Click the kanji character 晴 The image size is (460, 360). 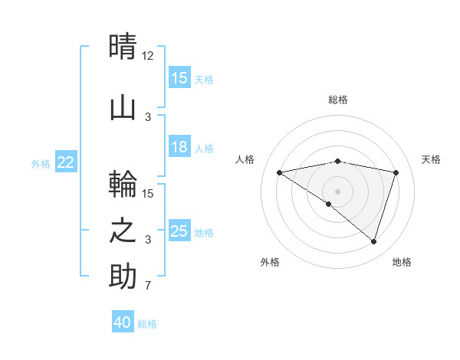point(123,47)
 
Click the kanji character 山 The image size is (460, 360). point(123,107)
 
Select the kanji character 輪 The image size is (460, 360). point(123,185)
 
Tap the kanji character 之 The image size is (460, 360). point(123,231)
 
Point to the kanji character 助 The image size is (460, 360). point(123,277)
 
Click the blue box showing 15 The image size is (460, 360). point(179,78)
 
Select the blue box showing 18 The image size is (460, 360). point(179,148)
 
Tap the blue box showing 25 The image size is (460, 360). point(179,231)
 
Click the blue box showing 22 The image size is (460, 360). point(65,162)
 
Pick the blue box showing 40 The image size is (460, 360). point(123,322)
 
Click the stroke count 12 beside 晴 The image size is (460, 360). point(148,56)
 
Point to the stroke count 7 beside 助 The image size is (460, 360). point(148,286)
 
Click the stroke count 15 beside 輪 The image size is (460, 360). point(148,193)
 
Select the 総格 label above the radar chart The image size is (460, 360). point(337,100)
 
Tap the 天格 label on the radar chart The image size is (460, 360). point(431,159)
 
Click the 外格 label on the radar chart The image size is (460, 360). point(270,262)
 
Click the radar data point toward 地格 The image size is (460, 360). point(373,241)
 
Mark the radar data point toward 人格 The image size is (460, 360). point(280,172)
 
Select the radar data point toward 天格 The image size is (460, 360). point(396,172)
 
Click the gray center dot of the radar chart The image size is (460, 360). point(337,191)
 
